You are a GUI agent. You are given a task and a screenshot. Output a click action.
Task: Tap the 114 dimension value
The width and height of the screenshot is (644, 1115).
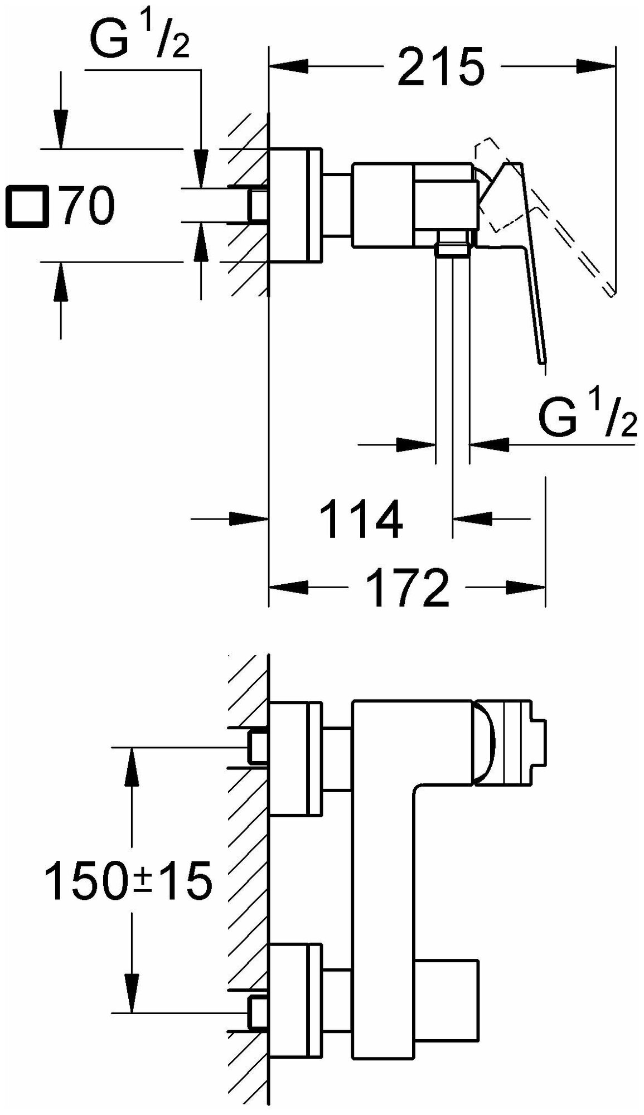click(362, 519)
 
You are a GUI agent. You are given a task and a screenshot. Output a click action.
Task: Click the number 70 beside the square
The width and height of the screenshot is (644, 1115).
click(88, 206)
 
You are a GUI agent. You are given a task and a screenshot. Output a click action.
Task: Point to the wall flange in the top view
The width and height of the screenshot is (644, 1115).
click(295, 205)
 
